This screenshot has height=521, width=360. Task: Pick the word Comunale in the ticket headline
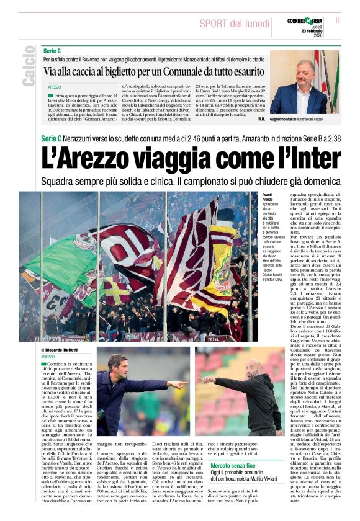[184, 72]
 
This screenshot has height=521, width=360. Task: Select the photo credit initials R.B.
[261, 118]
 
